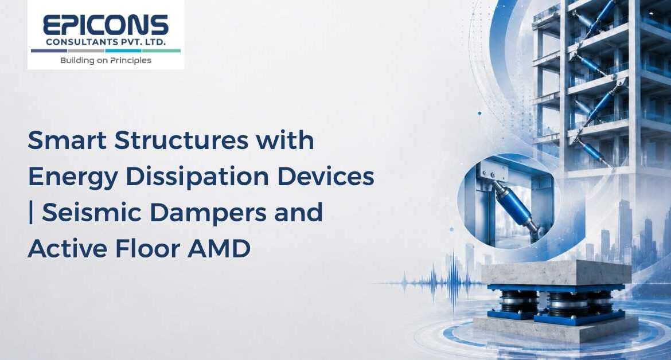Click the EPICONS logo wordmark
pos(106,25)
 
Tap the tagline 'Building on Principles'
pos(106,60)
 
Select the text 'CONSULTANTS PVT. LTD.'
pos(106,42)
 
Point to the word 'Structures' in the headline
pos(181,140)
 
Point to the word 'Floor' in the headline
pos(147,248)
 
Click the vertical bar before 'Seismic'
pos(31,213)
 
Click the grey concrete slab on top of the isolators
pos(556,272)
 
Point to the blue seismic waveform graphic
pos(432,282)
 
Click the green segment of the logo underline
pos(161,50)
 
